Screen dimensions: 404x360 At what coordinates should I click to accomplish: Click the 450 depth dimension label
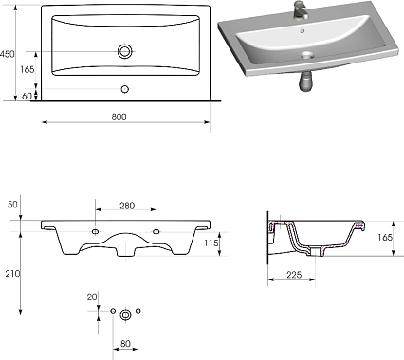[x=7, y=54]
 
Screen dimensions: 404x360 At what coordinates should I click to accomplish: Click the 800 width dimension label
[x=119, y=117]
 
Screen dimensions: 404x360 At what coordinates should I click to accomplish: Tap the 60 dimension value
[x=27, y=96]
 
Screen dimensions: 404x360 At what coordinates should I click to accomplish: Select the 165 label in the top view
[x=28, y=69]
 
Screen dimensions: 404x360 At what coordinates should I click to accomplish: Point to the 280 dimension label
[x=127, y=206]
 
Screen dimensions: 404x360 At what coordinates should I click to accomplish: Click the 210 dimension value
[x=12, y=274]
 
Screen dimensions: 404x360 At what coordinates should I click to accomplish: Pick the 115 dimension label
[x=211, y=243]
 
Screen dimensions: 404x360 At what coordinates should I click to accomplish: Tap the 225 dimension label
[x=294, y=275]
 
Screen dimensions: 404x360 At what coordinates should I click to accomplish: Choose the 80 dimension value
[x=125, y=343]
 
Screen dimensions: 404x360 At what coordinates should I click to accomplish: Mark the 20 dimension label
[x=92, y=297]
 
